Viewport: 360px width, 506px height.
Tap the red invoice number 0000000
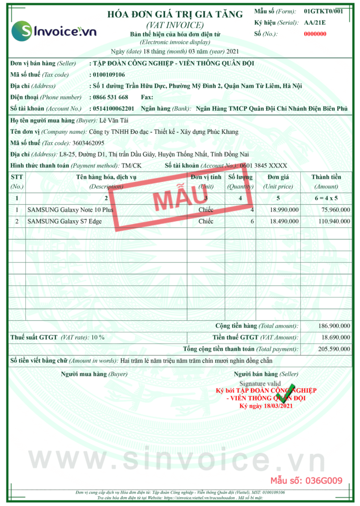pos(315,34)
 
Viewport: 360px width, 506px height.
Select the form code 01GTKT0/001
pos(323,11)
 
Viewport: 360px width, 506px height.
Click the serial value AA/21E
pos(315,23)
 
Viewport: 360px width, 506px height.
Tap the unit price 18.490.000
pos(284,221)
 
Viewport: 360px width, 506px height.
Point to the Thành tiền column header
pos(326,177)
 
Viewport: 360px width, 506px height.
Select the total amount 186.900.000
pos(334,326)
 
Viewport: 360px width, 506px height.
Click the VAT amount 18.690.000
pos(336,337)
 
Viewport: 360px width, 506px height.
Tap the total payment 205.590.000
pos(334,349)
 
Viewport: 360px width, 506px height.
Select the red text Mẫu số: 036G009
pos(306,480)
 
